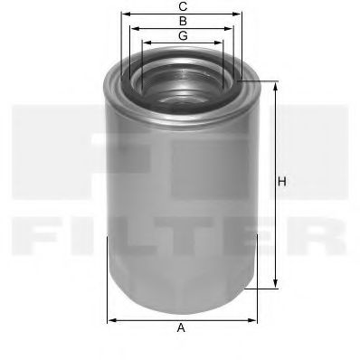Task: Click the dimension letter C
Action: point(182,6)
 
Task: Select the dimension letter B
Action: point(182,20)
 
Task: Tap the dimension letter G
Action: point(182,35)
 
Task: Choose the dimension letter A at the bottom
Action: point(181,327)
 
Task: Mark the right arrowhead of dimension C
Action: point(242,15)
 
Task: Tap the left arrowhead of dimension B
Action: point(132,29)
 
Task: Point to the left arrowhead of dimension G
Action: point(144,43)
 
